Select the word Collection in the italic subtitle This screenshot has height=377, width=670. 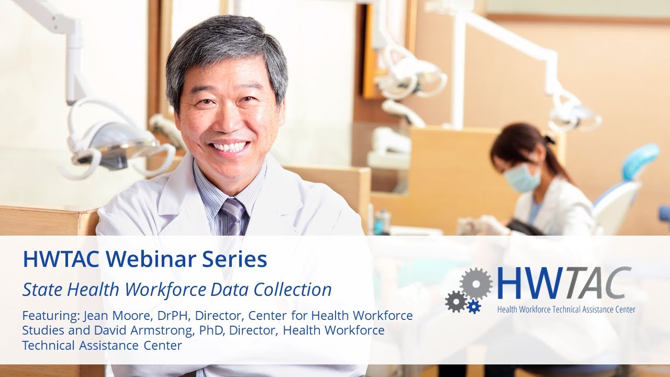298,289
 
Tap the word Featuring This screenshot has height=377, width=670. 49,316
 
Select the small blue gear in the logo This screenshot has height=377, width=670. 474,306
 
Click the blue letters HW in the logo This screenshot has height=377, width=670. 524,284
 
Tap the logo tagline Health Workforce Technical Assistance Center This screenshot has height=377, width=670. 566,309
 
